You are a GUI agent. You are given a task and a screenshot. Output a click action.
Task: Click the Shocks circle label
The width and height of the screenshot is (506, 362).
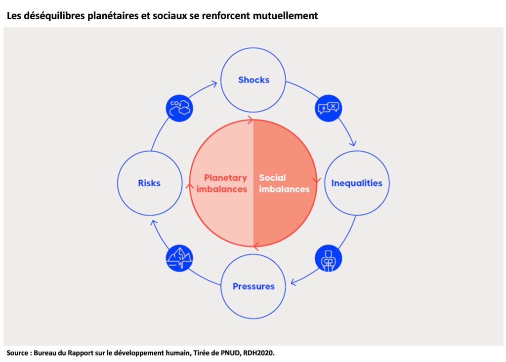coord(253,80)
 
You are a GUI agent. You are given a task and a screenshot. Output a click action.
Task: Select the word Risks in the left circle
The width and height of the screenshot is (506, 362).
coord(149,183)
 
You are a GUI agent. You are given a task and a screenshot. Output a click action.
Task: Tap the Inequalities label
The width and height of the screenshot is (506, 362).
coord(357,183)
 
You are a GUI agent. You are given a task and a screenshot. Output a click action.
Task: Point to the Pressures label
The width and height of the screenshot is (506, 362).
coord(253,286)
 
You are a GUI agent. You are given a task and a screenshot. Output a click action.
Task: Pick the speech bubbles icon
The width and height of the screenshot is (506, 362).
coord(328,108)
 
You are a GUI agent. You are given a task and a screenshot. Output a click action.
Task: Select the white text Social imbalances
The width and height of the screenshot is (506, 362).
coord(284,183)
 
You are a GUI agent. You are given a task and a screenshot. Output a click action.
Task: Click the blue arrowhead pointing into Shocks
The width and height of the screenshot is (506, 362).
coord(213,84)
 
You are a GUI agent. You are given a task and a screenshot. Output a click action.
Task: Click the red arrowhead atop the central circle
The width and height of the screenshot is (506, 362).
coord(251,120)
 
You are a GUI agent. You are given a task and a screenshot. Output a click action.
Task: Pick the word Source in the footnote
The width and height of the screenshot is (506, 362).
coord(18,353)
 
